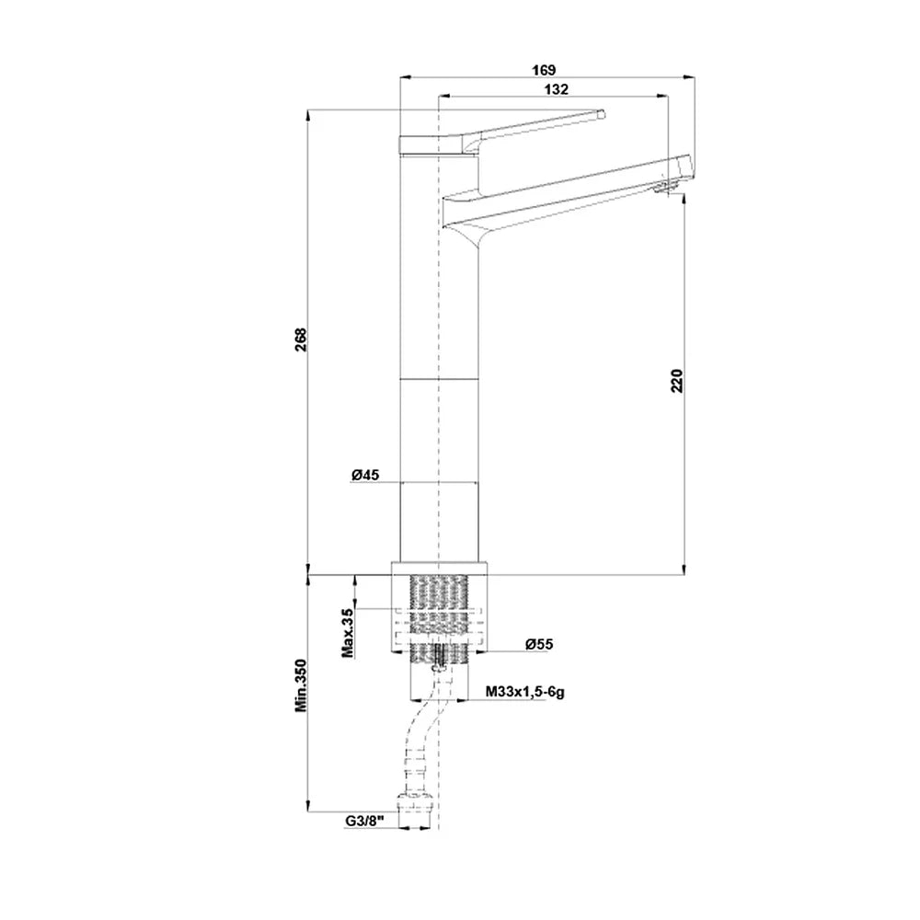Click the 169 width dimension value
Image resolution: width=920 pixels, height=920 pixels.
coord(544,70)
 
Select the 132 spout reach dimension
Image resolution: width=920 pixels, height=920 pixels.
coord(557,89)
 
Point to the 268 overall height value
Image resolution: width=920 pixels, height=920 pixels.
coord(301,339)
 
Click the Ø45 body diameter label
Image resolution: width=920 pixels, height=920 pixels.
coord(365,475)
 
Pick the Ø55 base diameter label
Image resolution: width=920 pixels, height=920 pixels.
coord(539,644)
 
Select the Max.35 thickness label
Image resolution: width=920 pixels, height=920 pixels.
coord(348,633)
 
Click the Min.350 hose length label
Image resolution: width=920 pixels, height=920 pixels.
coord(301,685)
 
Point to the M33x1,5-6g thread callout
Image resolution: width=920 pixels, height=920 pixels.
coord(525,692)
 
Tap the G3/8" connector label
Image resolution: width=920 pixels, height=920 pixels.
coord(363,821)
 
